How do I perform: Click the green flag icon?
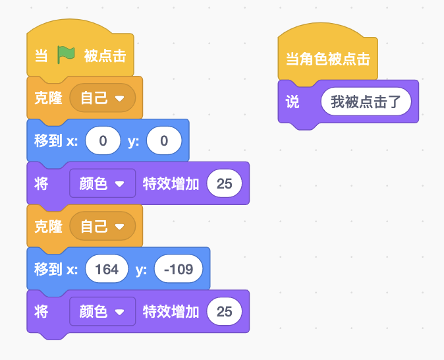click(x=66, y=55)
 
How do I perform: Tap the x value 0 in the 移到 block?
click(x=103, y=140)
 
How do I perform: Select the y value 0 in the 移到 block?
click(x=164, y=140)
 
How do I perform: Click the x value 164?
click(x=107, y=269)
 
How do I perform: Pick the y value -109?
click(x=179, y=269)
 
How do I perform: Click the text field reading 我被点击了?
click(x=366, y=102)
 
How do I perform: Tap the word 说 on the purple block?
click(x=292, y=102)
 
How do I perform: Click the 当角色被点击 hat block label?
click(x=328, y=59)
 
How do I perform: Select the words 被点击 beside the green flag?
click(x=105, y=55)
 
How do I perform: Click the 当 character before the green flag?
click(x=41, y=55)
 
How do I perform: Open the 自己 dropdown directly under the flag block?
click(x=103, y=98)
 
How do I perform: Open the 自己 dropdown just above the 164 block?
click(x=103, y=226)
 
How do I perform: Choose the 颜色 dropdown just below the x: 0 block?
click(x=103, y=183)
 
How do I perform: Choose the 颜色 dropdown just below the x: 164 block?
click(x=103, y=311)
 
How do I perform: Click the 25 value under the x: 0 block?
click(x=224, y=183)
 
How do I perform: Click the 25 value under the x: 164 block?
click(x=224, y=311)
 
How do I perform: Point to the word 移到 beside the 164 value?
click(x=48, y=269)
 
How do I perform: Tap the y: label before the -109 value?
click(x=141, y=270)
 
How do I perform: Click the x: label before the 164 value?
click(x=72, y=269)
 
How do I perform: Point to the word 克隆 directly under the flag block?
click(x=48, y=98)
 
